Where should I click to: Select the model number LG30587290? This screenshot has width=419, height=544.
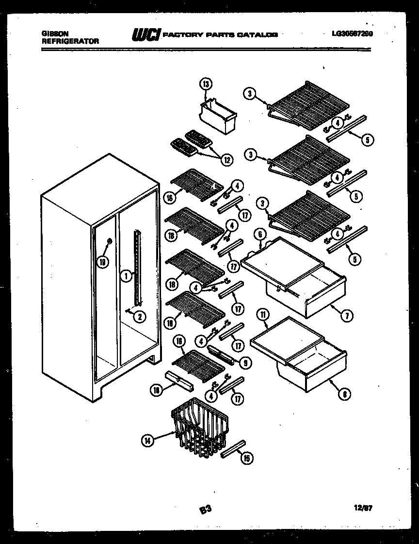(x=352, y=34)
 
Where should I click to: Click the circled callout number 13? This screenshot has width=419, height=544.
(x=206, y=85)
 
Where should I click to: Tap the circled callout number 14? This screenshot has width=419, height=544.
(x=147, y=441)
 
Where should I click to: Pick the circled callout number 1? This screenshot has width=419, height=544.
(x=125, y=276)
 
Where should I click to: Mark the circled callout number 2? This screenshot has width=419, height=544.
(x=139, y=317)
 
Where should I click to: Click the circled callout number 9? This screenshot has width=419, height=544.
(x=246, y=361)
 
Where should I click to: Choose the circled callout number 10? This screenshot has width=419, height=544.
(x=157, y=390)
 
